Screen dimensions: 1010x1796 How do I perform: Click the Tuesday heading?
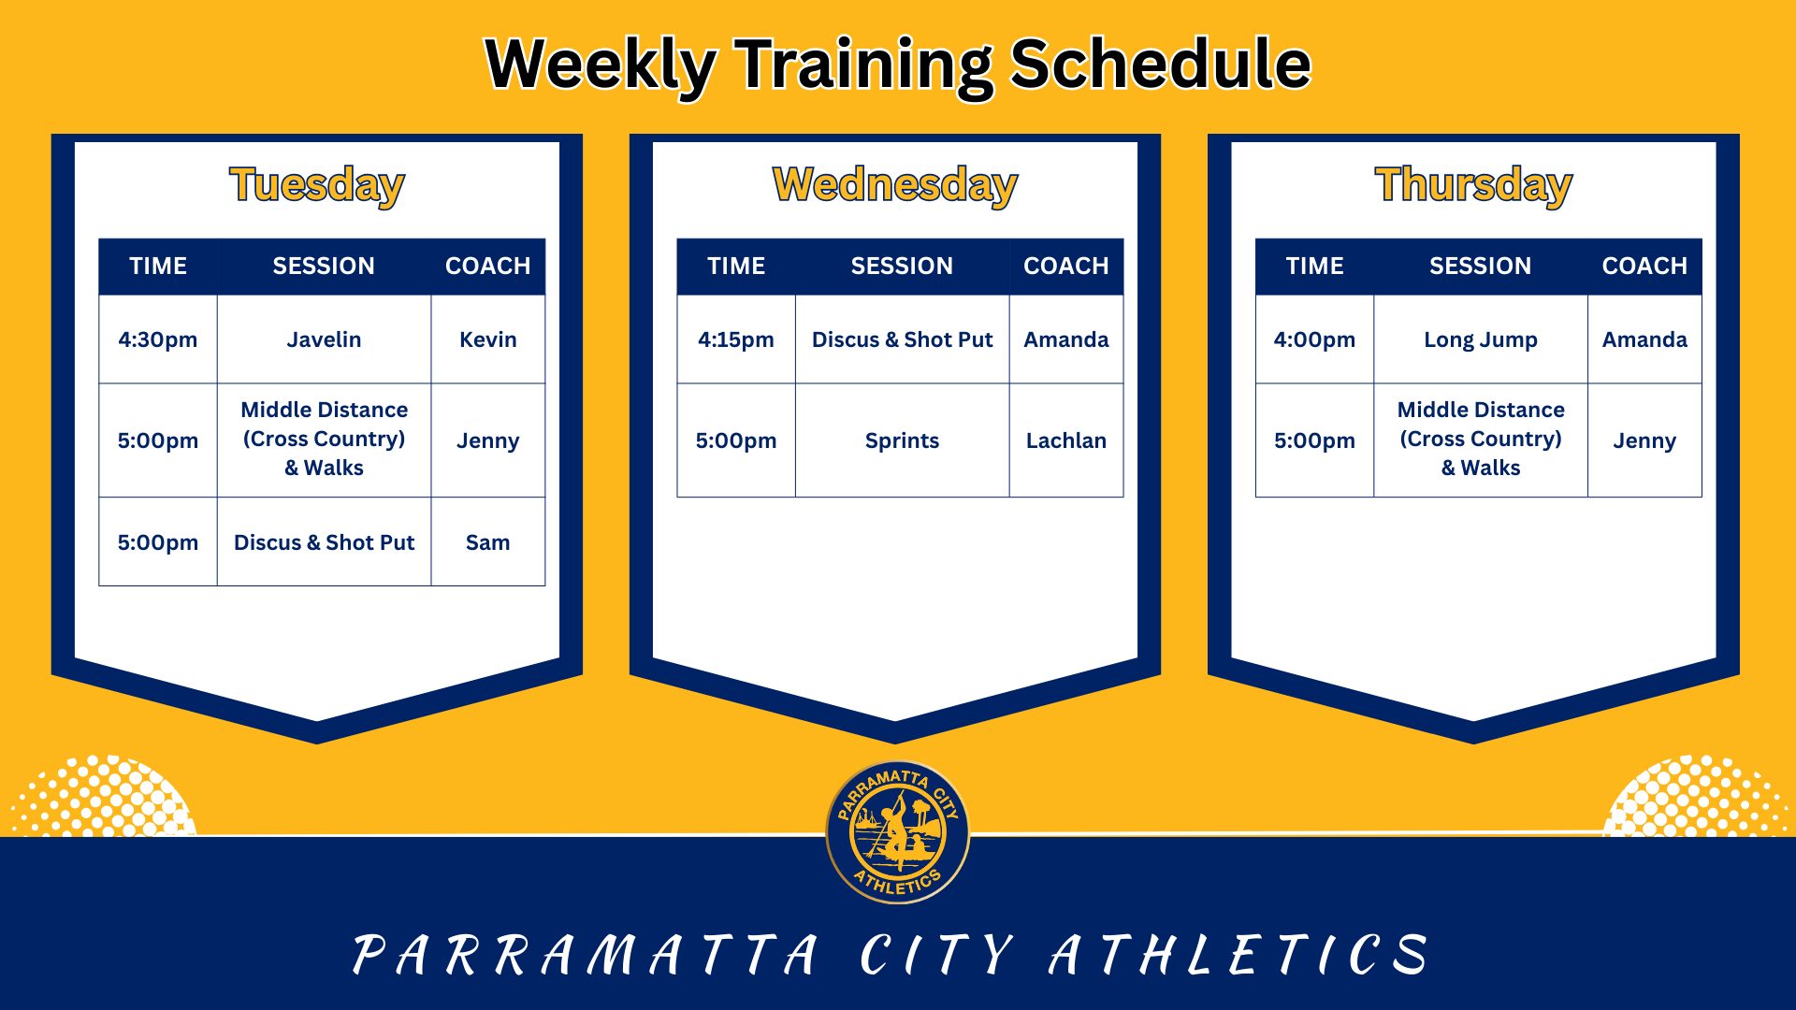coord(317,184)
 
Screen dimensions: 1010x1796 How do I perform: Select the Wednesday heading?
coord(895,184)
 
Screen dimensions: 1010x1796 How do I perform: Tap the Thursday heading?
coord(1473,184)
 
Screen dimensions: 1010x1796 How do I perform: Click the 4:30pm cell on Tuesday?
coord(158,339)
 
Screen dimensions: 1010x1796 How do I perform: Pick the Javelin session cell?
coord(324,339)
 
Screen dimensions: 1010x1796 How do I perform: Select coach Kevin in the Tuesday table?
coord(487,339)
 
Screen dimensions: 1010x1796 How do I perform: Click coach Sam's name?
coord(487,542)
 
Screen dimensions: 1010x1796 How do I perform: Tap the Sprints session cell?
coord(902,440)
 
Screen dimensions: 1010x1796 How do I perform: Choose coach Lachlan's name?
coord(1065,440)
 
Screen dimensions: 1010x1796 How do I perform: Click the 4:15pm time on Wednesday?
coord(736,339)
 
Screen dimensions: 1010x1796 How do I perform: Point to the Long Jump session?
coord(1480,339)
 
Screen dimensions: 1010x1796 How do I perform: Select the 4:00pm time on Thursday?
coord(1314,339)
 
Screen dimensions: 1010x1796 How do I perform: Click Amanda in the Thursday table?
coord(1644,339)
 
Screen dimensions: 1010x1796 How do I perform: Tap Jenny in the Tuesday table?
coord(487,440)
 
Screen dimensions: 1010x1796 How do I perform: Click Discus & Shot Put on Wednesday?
coord(902,339)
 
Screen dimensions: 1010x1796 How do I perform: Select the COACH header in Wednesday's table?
coord(1065,266)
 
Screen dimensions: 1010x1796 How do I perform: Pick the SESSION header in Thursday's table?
coord(1480,266)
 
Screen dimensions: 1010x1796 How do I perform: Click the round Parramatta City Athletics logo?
coord(897,831)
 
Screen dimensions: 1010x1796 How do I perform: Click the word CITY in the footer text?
coord(935,956)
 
